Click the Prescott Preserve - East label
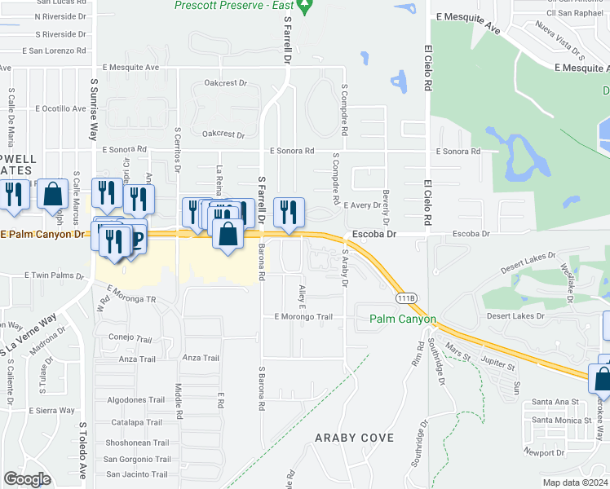pos(233,6)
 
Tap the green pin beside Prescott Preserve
pos(306,7)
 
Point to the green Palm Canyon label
pos(403,319)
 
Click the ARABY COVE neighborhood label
pos(355,438)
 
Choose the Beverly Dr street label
pos(386,209)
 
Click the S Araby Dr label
pos(345,269)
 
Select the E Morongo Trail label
pos(303,316)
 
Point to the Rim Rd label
pos(418,352)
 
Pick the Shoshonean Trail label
pos(136,443)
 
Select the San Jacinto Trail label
pos(136,474)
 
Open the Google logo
pos(27,479)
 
